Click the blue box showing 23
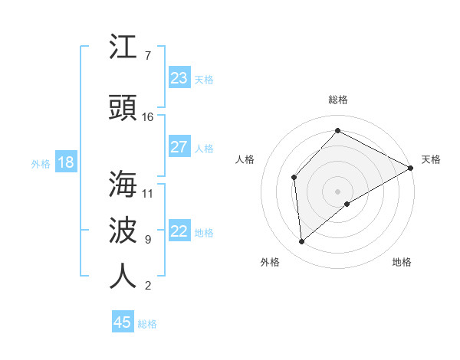[179, 78]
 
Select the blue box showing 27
[179, 147]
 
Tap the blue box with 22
[179, 231]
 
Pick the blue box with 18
[65, 162]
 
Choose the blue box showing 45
[123, 322]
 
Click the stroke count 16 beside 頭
[148, 117]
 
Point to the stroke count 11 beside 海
[148, 193]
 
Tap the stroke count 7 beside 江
[148, 56]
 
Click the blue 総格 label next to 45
[147, 324]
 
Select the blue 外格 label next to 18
[41, 163]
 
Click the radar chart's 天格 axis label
[431, 159]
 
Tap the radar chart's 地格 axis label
[402, 262]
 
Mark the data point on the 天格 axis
[411, 168]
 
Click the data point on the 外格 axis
[302, 242]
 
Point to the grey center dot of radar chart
[337, 191]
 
